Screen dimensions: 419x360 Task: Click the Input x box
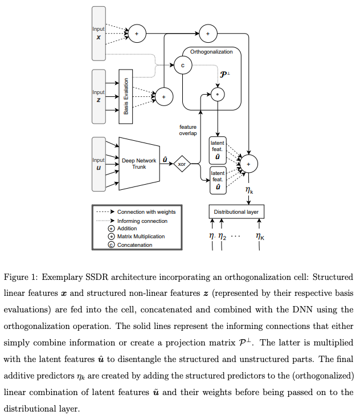(99, 33)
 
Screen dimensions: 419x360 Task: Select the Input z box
(99, 96)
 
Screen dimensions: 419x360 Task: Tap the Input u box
(99, 164)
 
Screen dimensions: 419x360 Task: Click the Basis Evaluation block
(125, 96)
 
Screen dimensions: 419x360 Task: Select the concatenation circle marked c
(183, 65)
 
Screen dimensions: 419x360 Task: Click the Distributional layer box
(236, 211)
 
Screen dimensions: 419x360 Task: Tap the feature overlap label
(188, 131)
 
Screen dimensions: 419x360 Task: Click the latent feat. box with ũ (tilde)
(218, 149)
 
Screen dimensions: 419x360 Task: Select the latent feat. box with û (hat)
(218, 178)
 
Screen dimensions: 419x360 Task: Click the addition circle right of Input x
(136, 34)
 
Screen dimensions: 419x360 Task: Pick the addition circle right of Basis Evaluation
(164, 97)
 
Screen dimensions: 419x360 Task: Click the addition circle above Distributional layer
(248, 164)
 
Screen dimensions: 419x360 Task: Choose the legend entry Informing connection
(142, 220)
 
